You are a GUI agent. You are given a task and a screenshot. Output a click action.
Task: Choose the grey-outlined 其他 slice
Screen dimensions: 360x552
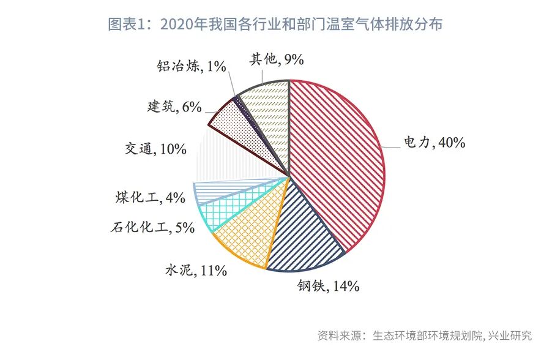click(x=266, y=107)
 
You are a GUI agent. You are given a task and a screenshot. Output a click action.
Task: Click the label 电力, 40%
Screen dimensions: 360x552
click(x=435, y=143)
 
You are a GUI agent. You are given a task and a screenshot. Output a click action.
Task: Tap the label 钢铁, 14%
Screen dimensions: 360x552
click(x=328, y=285)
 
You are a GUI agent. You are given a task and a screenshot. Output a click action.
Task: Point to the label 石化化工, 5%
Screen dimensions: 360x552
click(x=152, y=228)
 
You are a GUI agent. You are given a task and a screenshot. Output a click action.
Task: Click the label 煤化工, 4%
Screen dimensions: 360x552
click(x=150, y=197)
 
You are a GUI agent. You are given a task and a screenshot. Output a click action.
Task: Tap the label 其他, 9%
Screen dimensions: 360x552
click(x=277, y=59)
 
